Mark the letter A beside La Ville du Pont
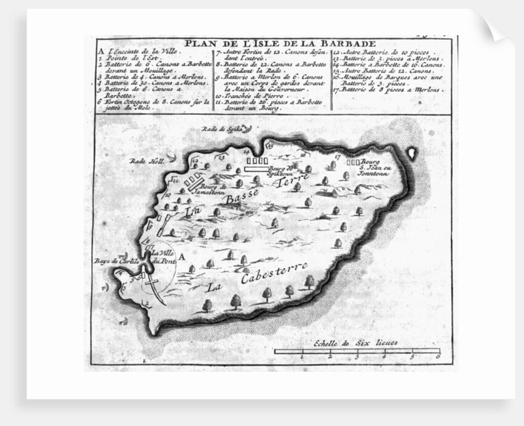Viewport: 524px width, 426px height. point(181,253)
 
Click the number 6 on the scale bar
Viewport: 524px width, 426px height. point(437,357)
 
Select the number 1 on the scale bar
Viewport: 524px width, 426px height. point(303,357)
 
